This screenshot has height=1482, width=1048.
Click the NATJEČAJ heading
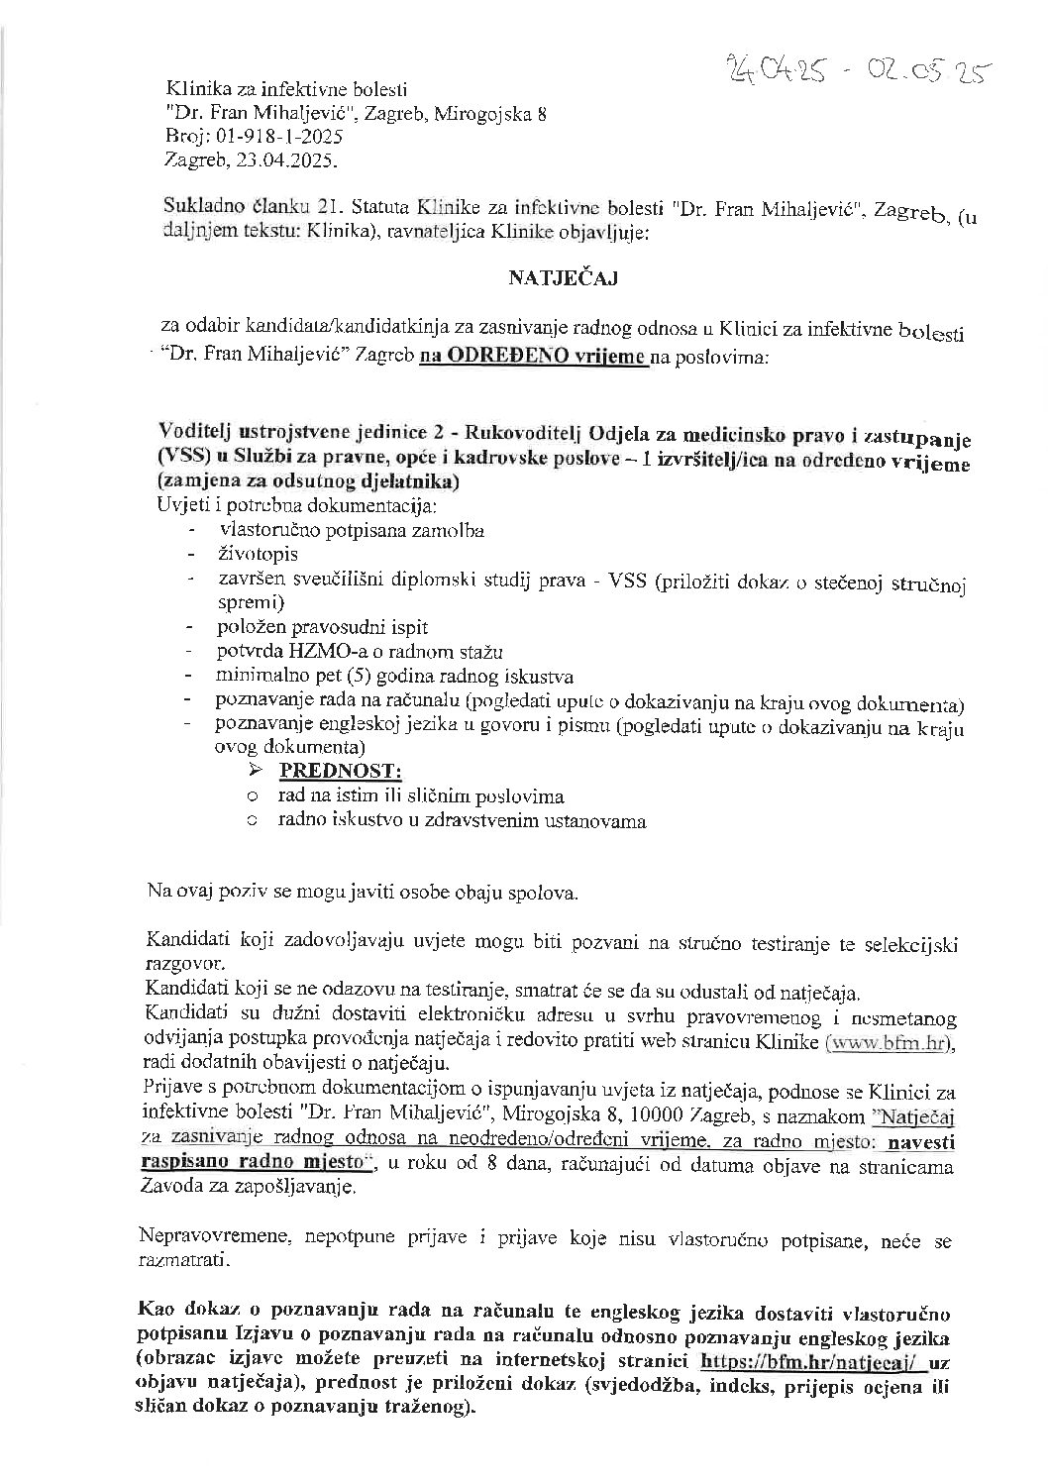point(563,279)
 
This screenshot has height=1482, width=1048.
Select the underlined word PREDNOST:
point(341,770)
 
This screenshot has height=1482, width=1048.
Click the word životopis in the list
point(258,554)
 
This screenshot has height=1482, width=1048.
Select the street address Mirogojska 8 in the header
point(492,114)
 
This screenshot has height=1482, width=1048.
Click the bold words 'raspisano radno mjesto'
point(253,1165)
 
